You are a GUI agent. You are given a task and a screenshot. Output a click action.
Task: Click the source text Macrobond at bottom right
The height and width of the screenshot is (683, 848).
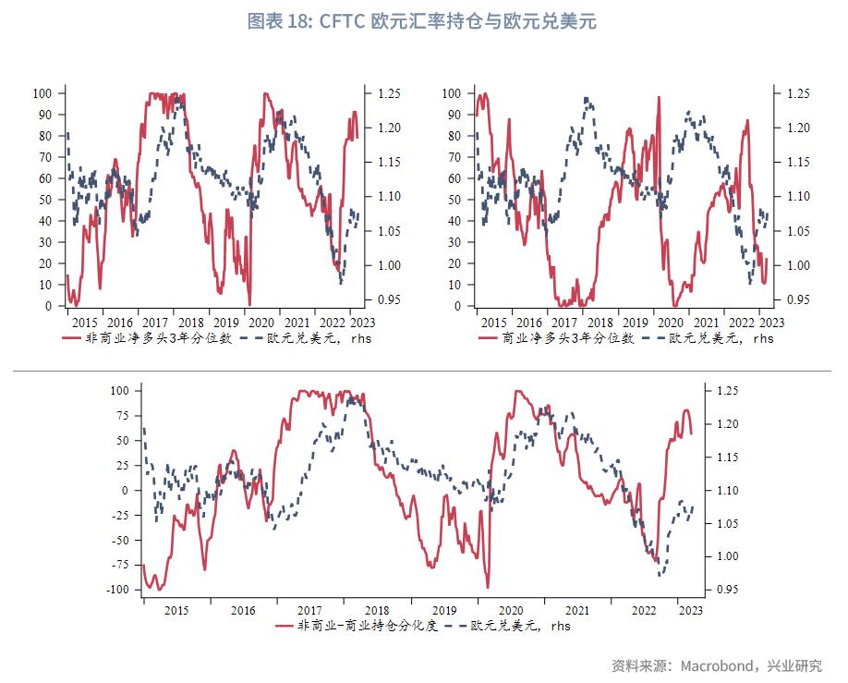(x=719, y=665)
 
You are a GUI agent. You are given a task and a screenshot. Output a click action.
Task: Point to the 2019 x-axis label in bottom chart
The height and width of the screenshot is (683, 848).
(x=444, y=610)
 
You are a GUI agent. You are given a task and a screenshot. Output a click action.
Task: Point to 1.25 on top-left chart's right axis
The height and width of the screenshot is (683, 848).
(x=389, y=93)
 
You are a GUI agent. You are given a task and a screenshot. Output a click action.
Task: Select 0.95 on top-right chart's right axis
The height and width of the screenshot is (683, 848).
(x=798, y=299)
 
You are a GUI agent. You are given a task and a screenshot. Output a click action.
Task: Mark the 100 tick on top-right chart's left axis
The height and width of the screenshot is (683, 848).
(x=452, y=93)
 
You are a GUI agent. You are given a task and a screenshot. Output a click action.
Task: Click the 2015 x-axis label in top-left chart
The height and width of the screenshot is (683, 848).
(x=84, y=323)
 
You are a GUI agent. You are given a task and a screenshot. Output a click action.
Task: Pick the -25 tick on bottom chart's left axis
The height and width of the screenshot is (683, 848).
(x=121, y=516)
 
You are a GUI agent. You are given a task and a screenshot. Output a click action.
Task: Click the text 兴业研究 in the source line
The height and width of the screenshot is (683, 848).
(x=796, y=665)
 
